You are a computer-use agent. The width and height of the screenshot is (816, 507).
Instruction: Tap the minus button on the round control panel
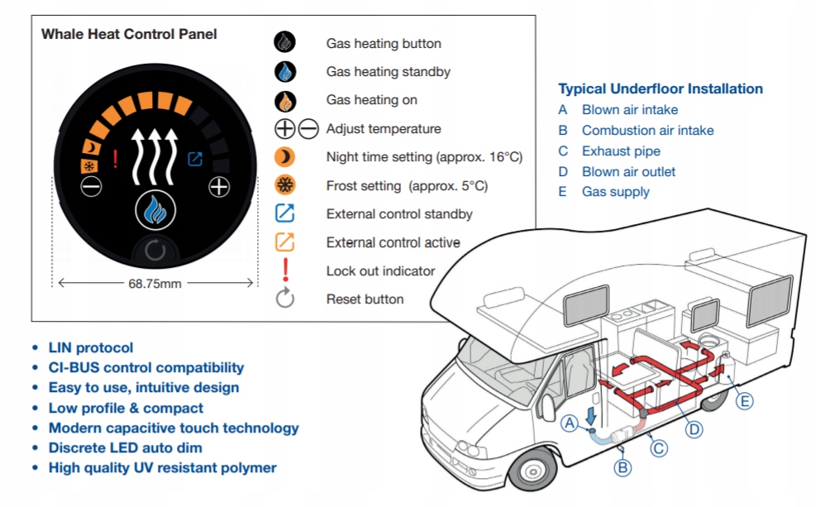(91, 186)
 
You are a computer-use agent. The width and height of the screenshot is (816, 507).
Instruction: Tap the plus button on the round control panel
(219, 186)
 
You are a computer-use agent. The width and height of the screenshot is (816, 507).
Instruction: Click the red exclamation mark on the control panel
(115, 158)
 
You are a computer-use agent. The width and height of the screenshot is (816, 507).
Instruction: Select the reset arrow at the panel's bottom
(155, 251)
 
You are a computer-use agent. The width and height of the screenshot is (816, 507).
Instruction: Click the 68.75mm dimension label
(155, 283)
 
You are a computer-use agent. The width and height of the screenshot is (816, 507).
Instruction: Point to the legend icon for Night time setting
(285, 157)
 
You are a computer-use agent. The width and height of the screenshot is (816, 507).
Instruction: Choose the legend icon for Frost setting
(285, 185)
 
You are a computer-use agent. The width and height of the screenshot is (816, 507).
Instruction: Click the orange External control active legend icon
(285, 242)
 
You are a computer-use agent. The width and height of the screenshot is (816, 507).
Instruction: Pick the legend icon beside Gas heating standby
(285, 72)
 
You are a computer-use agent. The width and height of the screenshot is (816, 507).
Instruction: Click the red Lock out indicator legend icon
(285, 270)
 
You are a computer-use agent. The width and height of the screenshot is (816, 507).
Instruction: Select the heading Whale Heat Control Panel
(129, 35)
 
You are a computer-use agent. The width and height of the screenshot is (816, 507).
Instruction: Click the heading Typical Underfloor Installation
(661, 89)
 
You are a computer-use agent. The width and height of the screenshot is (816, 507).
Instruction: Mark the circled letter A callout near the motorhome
(570, 423)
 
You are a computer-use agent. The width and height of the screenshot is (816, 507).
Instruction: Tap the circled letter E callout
(745, 401)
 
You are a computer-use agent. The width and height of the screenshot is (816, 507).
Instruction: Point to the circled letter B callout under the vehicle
(622, 466)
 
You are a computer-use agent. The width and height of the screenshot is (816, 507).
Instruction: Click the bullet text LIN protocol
(90, 348)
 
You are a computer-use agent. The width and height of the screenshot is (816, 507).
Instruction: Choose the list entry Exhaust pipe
(621, 151)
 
